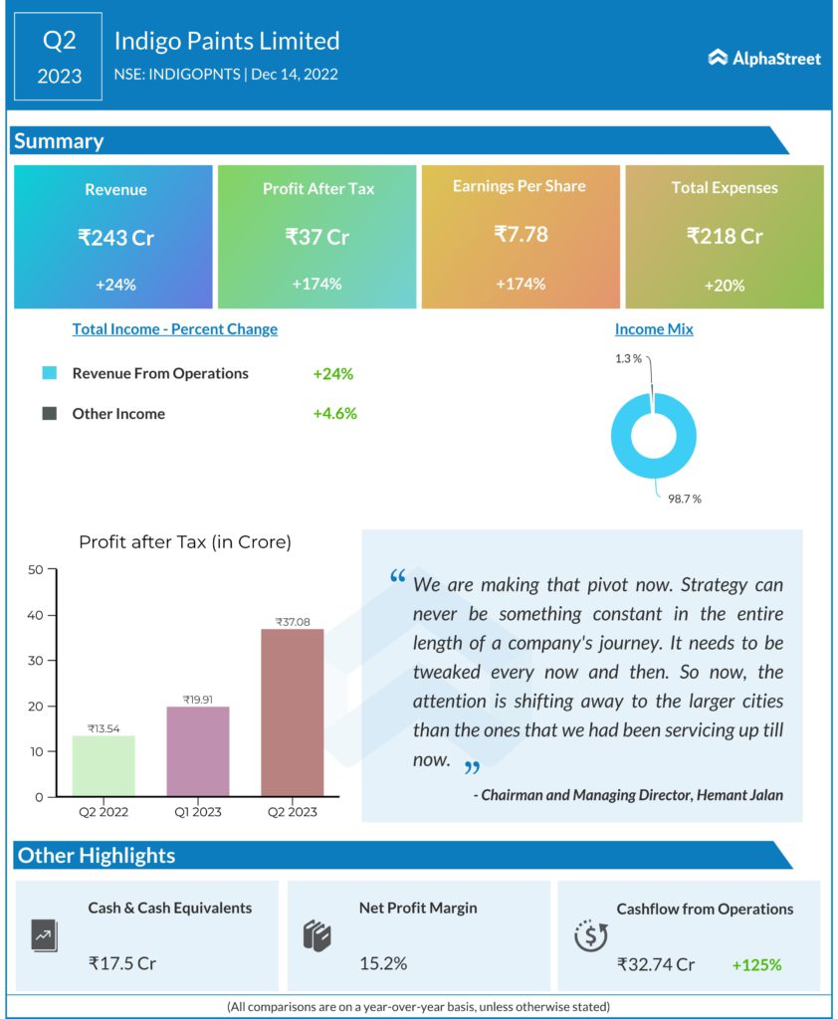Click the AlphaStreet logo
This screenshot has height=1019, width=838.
[764, 58]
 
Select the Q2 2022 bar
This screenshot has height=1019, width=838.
[104, 765]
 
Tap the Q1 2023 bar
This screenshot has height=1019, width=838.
[197, 751]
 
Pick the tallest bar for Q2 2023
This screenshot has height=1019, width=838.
[292, 713]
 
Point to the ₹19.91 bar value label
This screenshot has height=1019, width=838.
[197, 700]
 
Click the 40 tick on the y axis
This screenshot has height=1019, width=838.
[36, 615]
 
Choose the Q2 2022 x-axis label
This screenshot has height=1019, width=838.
[104, 811]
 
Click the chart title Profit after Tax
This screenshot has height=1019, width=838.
[185, 542]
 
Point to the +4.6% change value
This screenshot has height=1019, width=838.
[334, 413]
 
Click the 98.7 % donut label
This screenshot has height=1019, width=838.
[684, 499]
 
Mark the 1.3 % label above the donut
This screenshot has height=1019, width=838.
[628, 358]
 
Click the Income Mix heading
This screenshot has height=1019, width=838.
[654, 329]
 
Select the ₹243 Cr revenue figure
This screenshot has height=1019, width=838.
[116, 237]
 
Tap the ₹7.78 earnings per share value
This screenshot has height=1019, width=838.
[521, 235]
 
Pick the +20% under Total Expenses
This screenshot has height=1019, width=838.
[724, 286]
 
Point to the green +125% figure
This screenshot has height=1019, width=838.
[756, 964]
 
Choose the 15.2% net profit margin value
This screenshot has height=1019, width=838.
[383, 963]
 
